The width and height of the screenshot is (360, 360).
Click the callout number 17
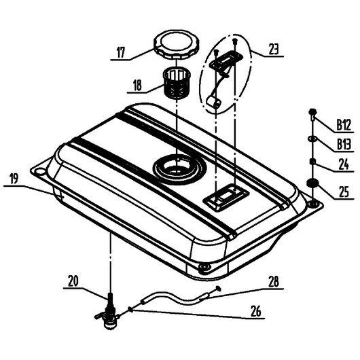(121, 52)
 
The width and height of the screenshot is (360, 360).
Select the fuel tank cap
(176, 45)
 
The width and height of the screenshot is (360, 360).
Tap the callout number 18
(137, 86)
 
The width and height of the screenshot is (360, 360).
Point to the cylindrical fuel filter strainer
(177, 84)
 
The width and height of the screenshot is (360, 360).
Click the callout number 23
(274, 49)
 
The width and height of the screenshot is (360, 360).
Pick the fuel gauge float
(214, 102)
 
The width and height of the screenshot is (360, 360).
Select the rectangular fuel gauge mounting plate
(226, 60)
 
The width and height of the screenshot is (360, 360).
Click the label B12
(344, 125)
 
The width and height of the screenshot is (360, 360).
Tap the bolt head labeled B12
(312, 112)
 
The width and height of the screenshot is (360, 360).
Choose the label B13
(344, 145)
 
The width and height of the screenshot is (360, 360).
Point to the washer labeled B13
(312, 139)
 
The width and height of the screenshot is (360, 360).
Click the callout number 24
(344, 164)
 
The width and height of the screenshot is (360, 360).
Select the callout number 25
(344, 192)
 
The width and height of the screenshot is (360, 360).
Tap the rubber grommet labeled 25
(312, 183)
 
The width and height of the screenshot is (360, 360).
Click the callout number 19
(14, 179)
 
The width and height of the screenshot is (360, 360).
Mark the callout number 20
(73, 281)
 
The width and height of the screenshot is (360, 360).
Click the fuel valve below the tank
(108, 311)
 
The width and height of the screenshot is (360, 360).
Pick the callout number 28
(274, 282)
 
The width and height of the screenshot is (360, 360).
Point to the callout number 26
(256, 311)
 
